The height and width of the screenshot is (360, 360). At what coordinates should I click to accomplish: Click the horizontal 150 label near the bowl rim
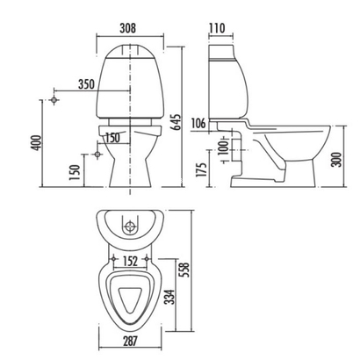click(112, 137)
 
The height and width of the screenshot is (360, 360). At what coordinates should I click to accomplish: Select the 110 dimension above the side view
click(219, 27)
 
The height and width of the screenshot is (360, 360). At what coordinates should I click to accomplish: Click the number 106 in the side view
click(198, 123)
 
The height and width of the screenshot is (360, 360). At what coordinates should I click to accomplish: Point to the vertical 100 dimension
click(225, 145)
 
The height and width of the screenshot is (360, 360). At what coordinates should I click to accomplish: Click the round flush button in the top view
click(132, 227)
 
